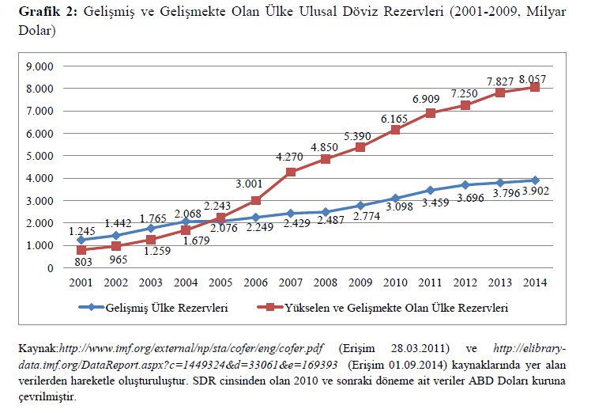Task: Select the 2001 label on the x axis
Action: (82, 282)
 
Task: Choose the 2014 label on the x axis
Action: (534, 282)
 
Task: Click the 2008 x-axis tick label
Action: (326, 282)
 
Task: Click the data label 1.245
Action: (82, 230)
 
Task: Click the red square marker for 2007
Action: (291, 172)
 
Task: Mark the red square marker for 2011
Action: (430, 113)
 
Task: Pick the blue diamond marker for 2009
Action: (360, 206)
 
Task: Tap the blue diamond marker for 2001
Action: (82, 240)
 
